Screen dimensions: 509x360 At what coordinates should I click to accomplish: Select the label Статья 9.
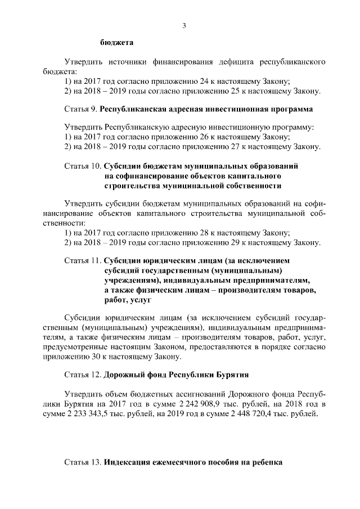pyautogui.click(x=82, y=108)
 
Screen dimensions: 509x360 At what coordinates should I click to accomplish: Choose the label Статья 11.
pyautogui.click(x=83, y=261)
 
